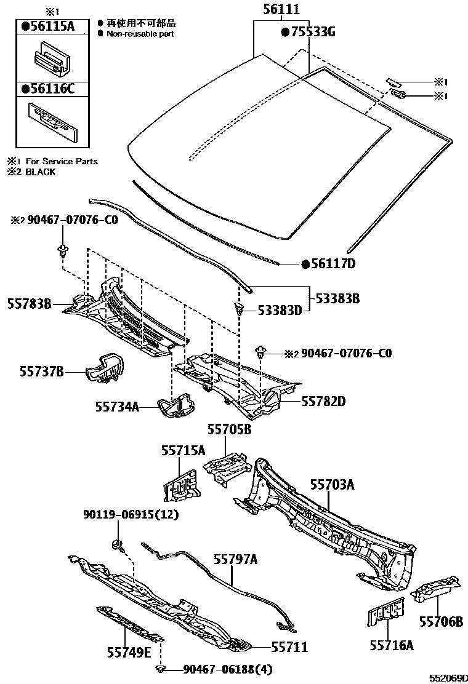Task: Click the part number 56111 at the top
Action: pyautogui.click(x=281, y=10)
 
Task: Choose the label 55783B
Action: pyautogui.click(x=29, y=303)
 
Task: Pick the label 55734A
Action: pyautogui.click(x=117, y=407)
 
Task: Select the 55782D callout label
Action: pyautogui.click(x=323, y=402)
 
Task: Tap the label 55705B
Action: pyautogui.click(x=228, y=430)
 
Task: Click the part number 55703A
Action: pyautogui.click(x=332, y=485)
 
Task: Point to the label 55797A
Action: pyautogui.click(x=235, y=559)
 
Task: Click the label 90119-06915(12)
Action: pyautogui.click(x=131, y=514)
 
